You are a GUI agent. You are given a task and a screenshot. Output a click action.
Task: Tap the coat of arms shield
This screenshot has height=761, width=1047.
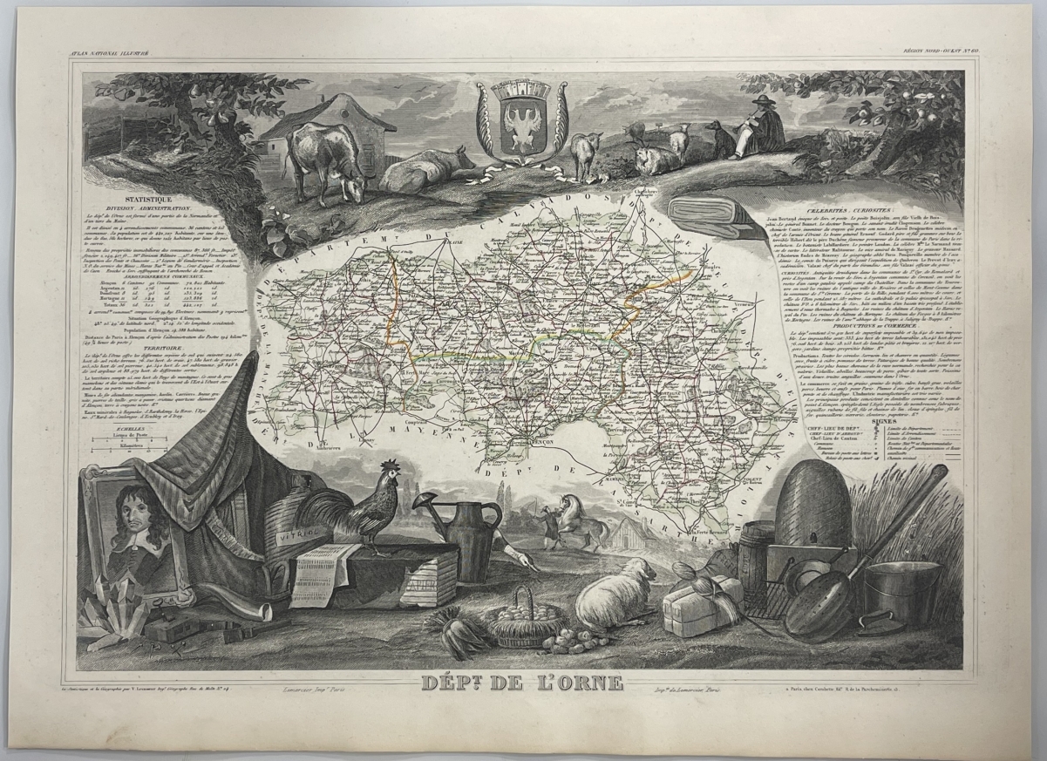[521, 121]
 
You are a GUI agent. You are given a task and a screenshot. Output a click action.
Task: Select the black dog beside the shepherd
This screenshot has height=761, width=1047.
[719, 139]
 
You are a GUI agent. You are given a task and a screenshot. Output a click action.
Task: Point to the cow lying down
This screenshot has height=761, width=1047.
[425, 170]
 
